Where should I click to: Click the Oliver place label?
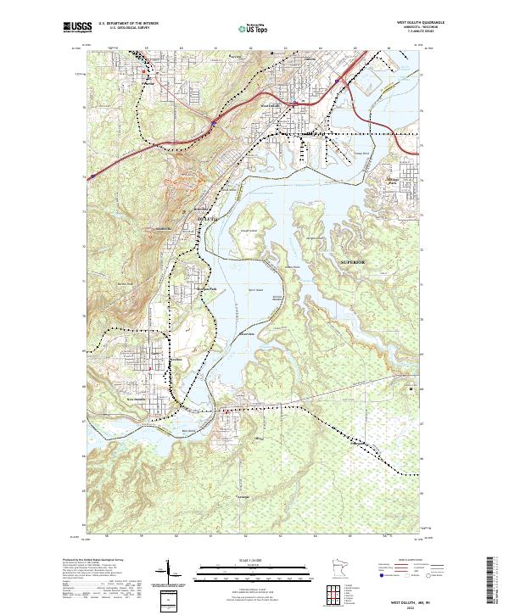[x=259, y=438]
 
